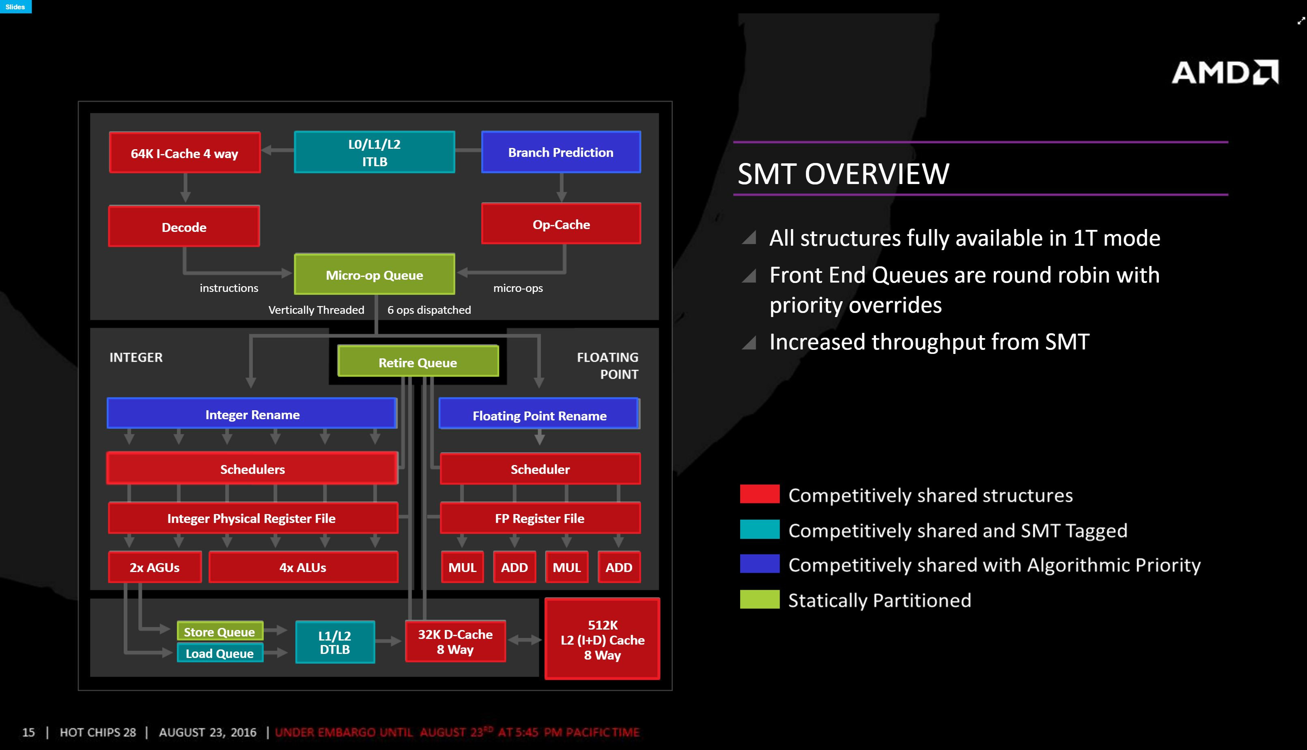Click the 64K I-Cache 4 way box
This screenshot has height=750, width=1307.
coord(185,152)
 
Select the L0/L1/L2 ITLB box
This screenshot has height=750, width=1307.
coord(374,152)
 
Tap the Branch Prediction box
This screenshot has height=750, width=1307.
coord(561,152)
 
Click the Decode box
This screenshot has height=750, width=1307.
coord(184,226)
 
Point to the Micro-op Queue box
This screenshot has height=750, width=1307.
coord(374,274)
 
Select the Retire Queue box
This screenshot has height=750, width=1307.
coord(418,361)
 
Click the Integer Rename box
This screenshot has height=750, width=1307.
coord(252,413)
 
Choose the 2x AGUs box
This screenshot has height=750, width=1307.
coord(155,567)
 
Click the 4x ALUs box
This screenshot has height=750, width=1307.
coord(303,567)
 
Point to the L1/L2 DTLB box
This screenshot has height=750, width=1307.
coord(335,642)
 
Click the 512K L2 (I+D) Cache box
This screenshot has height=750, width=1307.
coord(602,639)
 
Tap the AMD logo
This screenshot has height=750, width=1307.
coord(1225,72)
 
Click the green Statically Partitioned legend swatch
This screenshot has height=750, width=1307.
coord(760,599)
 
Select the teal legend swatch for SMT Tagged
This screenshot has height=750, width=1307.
coord(760,529)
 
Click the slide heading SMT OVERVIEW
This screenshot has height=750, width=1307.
coord(843,174)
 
